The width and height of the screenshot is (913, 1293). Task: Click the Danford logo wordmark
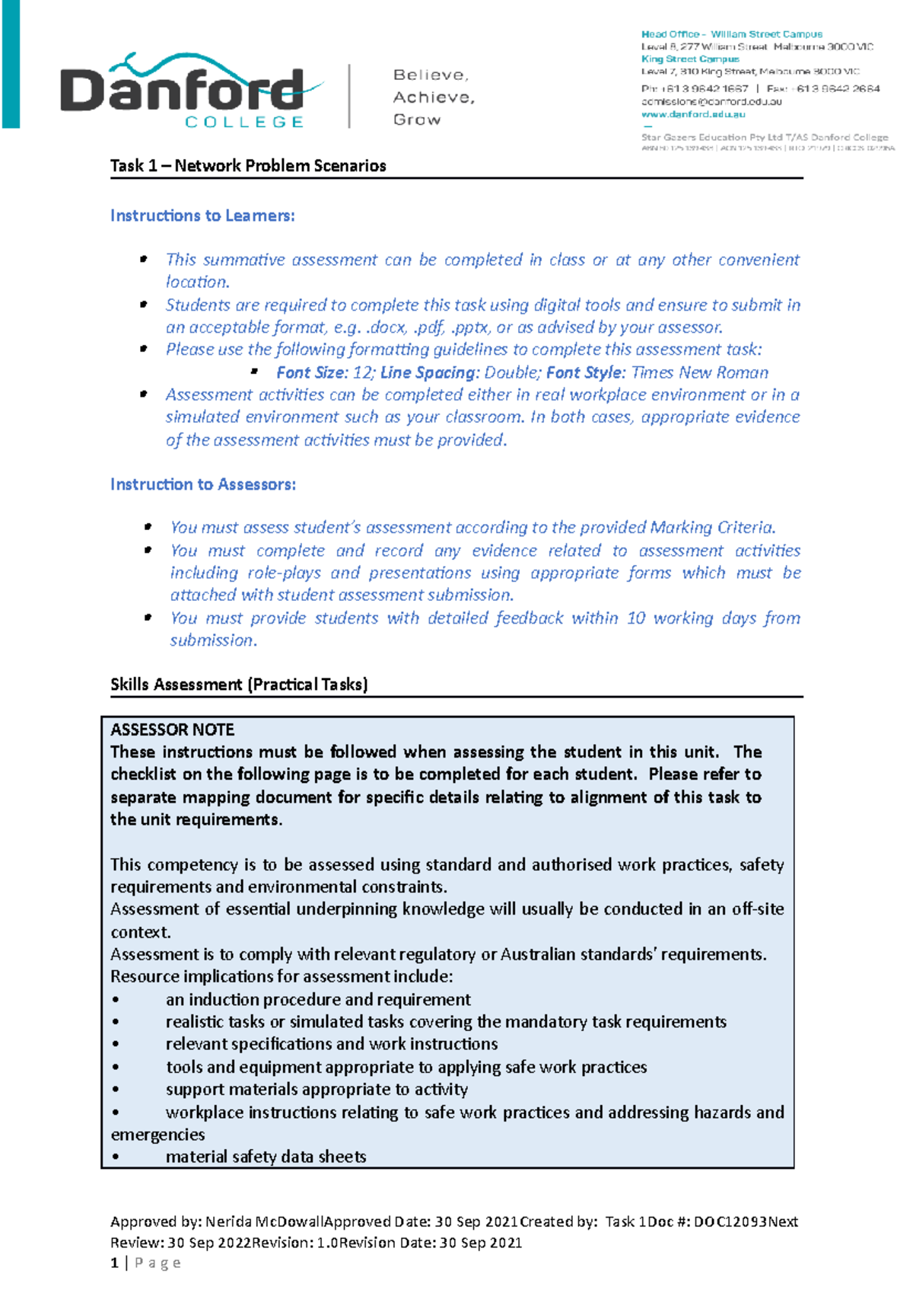[x=183, y=90]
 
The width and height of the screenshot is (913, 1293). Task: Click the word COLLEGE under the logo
[x=244, y=122]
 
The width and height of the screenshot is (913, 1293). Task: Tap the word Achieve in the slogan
[x=433, y=97]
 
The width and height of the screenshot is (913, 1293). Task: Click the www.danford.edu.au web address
[x=693, y=114]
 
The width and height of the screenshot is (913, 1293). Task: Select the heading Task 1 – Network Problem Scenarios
[x=248, y=166]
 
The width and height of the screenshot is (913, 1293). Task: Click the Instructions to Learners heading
[x=202, y=216]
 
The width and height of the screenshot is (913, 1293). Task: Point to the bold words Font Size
[x=311, y=372]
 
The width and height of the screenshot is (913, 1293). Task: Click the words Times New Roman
[x=700, y=372]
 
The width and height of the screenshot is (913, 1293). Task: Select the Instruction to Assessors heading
[x=203, y=484]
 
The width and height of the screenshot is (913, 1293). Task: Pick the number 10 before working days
[x=636, y=618]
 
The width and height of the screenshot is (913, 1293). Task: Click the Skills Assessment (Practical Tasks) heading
[x=239, y=685]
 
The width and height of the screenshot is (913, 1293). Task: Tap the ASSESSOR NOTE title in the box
[x=173, y=730]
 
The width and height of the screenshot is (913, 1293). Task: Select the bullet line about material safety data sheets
[x=266, y=1157]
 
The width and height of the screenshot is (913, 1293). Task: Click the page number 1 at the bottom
[x=115, y=1263]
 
